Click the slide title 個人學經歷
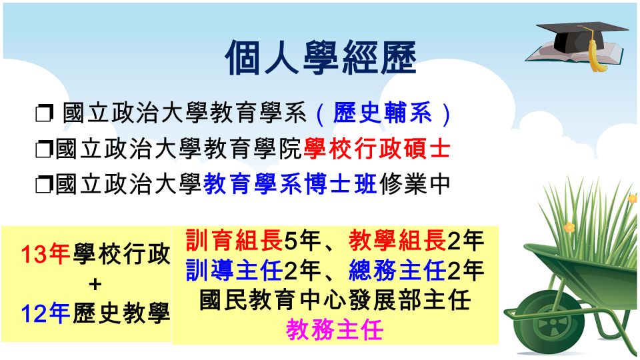[x=321, y=57]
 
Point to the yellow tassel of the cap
[x=594, y=51]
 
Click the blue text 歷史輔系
[x=383, y=113]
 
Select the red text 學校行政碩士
[x=377, y=149]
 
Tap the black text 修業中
[x=414, y=184]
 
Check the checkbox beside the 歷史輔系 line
[x=44, y=113]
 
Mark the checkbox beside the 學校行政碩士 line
[x=44, y=149]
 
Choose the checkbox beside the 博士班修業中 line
[x=44, y=185]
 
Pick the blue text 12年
[x=45, y=314]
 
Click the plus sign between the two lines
[x=95, y=284]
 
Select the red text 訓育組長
[x=234, y=240]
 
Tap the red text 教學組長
[x=397, y=240]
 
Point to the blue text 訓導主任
[x=234, y=270]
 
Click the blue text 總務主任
[x=397, y=270]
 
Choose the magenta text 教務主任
[x=335, y=330]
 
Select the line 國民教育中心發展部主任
[x=335, y=300]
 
